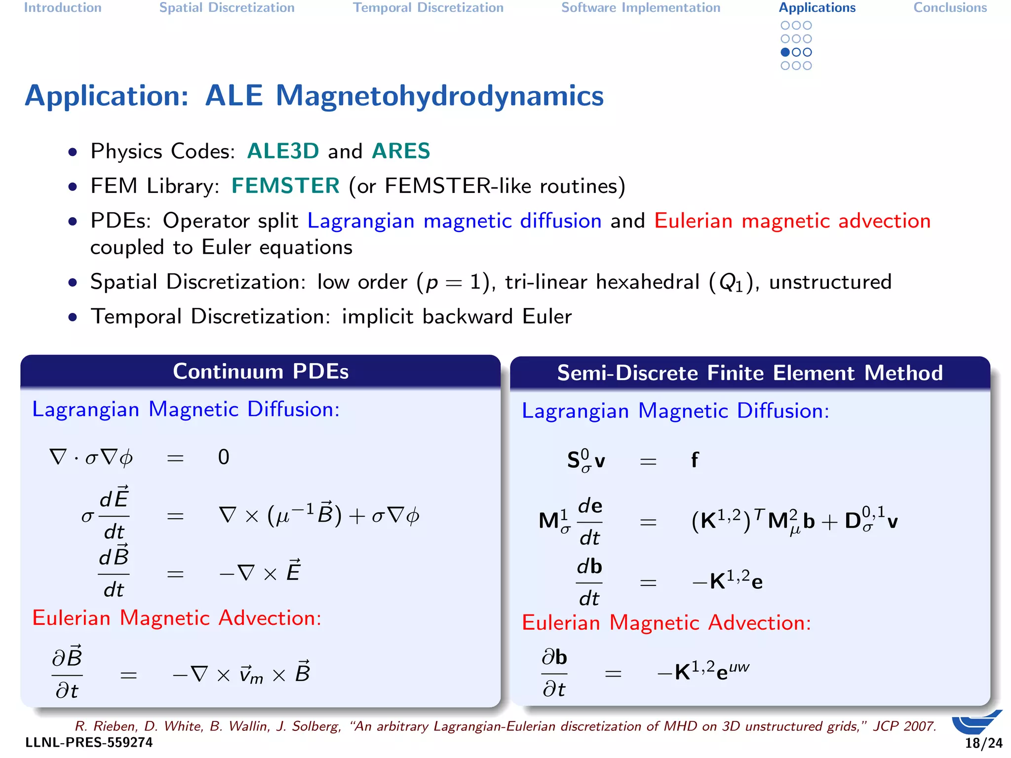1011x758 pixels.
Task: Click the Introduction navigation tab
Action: point(63,8)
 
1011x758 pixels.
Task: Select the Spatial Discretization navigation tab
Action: point(227,8)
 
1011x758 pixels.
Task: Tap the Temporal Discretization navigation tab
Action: point(428,8)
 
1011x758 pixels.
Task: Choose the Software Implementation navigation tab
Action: point(641,8)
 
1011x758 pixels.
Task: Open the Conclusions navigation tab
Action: point(950,8)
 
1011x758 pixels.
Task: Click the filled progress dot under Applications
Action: point(785,52)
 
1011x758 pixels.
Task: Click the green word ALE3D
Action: point(283,151)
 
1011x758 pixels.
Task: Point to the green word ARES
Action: point(401,151)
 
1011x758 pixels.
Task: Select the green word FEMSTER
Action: point(285,186)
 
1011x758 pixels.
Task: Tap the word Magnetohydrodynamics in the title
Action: point(439,96)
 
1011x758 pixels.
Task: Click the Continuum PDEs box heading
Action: point(261,372)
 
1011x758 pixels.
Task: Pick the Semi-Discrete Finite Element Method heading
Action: point(749,373)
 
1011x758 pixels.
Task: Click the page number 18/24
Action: point(983,743)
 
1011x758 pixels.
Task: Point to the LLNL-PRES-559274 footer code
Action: point(89,743)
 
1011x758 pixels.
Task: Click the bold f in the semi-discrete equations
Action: point(695,460)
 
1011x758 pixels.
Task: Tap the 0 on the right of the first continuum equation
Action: point(224,457)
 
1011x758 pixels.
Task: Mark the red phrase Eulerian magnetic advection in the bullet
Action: point(792,221)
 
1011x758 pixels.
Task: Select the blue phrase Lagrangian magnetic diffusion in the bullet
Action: point(454,221)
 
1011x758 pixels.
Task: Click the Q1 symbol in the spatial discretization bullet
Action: point(731,283)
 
